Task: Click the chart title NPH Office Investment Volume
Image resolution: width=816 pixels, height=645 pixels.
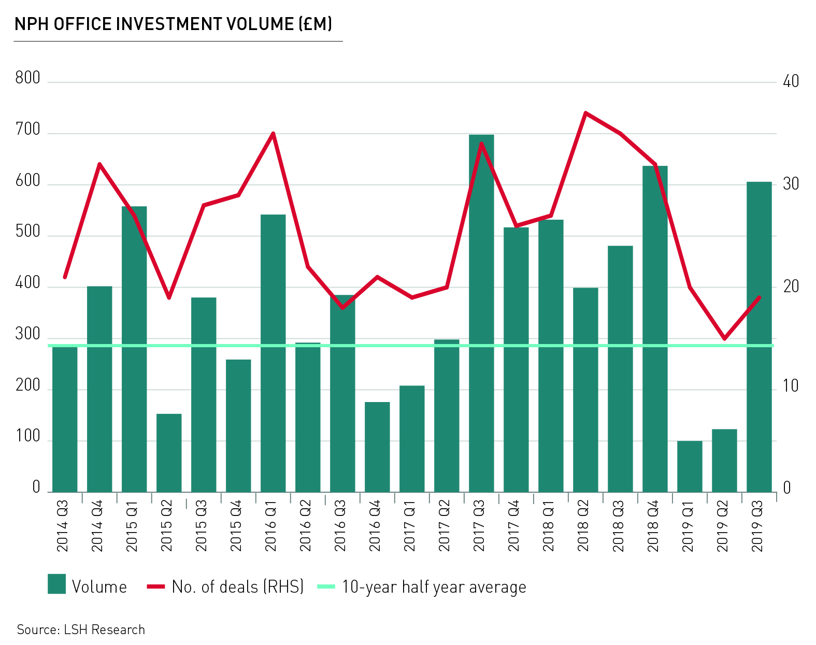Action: [173, 24]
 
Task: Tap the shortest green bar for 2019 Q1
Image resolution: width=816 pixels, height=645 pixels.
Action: [690, 466]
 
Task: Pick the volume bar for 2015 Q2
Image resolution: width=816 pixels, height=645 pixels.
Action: [169, 453]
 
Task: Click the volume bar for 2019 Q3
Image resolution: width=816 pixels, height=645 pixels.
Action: [759, 337]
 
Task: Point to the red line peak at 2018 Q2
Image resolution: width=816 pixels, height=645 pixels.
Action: [585, 113]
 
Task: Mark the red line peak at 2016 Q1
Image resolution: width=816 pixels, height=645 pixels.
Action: [273, 134]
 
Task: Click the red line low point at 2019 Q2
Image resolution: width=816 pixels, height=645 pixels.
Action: [724, 339]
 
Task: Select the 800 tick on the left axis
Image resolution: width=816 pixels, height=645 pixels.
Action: [27, 78]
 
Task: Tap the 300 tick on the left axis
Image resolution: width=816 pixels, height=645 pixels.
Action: [27, 334]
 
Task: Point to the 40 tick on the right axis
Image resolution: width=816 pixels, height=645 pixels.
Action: [791, 81]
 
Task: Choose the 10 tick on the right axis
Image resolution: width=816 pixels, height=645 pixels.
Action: [791, 386]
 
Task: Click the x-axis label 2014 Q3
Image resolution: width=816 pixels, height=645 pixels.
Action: [63, 525]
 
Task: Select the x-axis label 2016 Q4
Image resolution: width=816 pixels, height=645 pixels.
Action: [375, 525]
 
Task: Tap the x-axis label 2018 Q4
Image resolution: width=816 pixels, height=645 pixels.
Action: [653, 525]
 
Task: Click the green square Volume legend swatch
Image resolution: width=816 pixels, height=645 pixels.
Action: [56, 584]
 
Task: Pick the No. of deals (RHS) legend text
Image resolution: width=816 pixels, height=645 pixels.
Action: [237, 587]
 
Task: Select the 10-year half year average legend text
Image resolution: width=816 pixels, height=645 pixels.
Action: [434, 587]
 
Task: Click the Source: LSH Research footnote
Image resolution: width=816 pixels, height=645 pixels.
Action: [81, 629]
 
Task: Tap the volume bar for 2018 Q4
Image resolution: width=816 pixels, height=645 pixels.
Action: [655, 332]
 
